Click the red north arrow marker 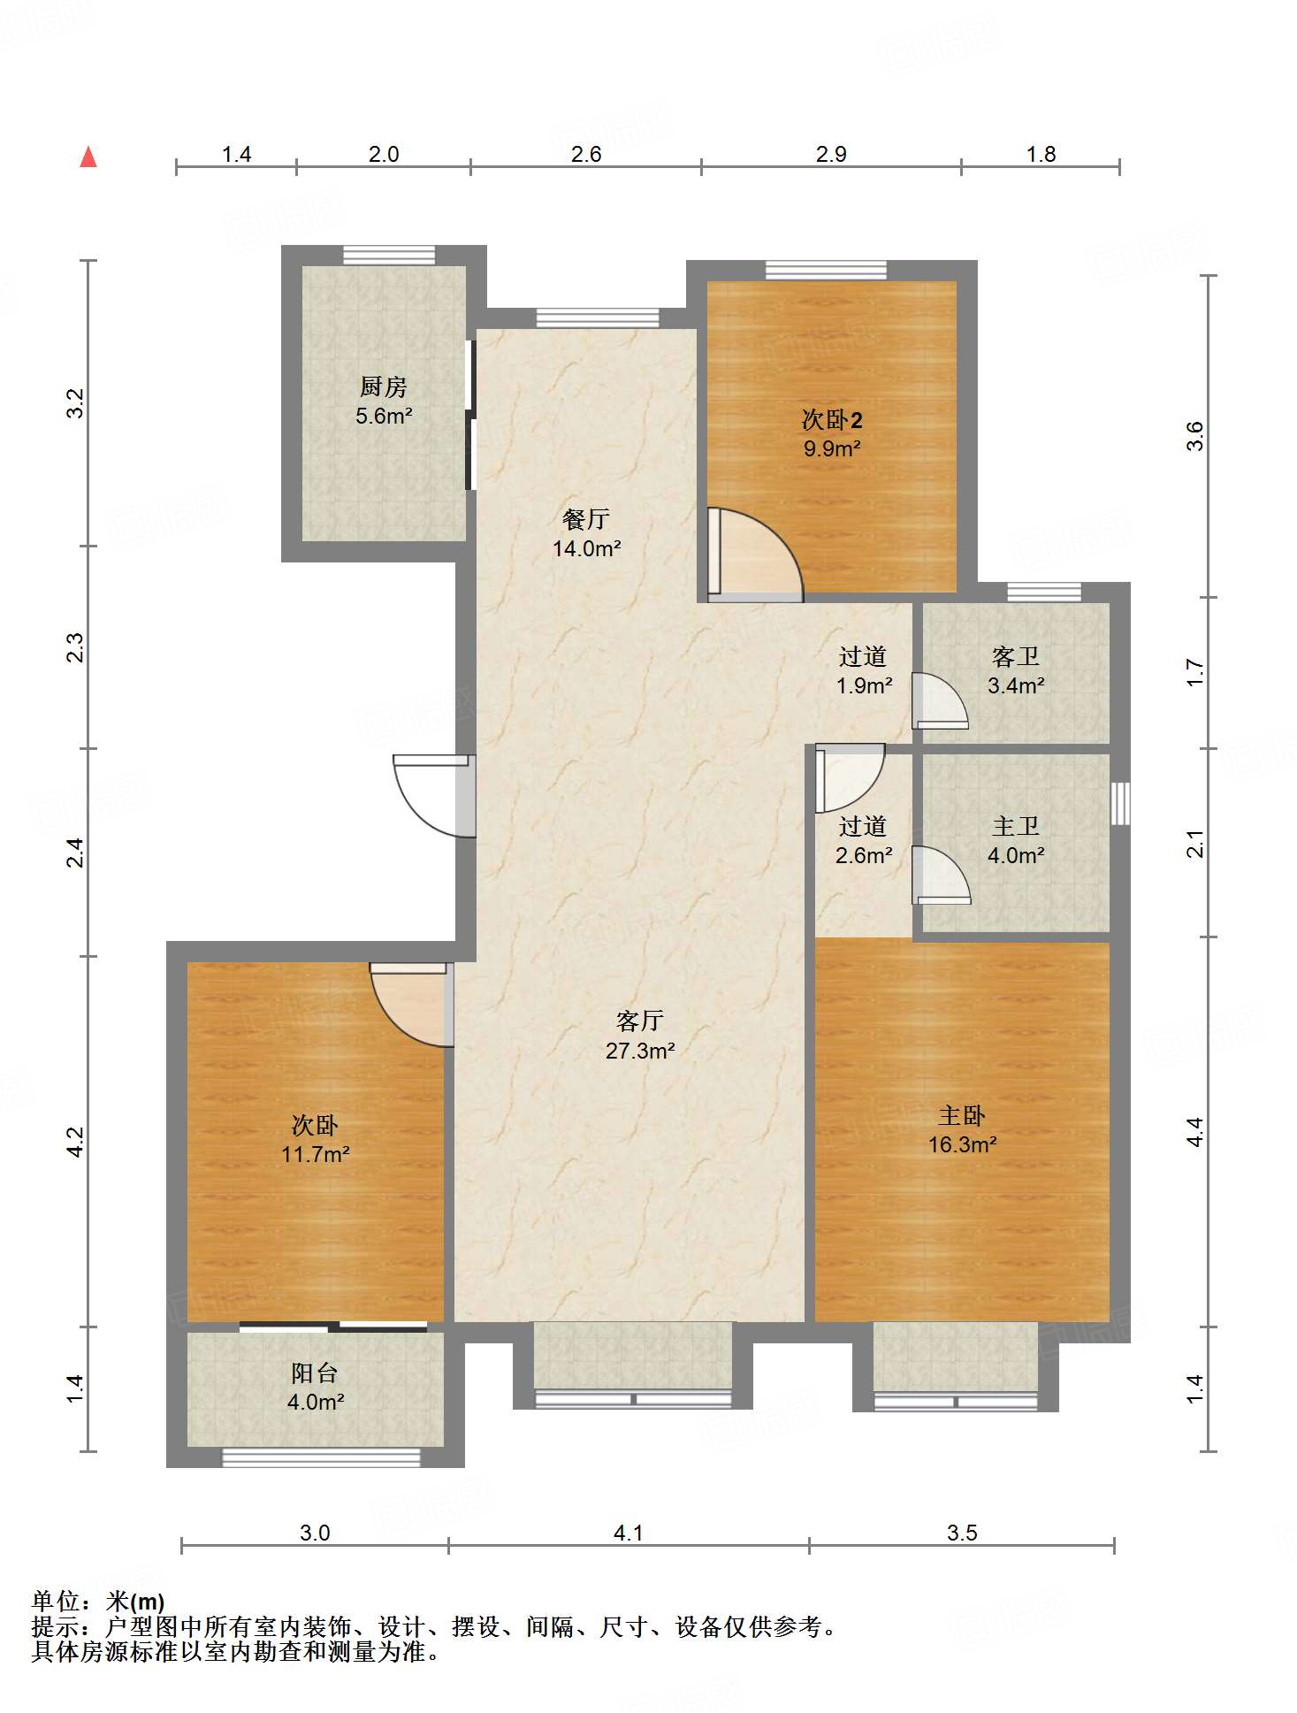(x=88, y=157)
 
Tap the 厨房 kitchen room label (x=383, y=386)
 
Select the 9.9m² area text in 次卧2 (x=832, y=448)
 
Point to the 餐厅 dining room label (x=585, y=519)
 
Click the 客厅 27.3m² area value (x=640, y=1051)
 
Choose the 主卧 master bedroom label (x=962, y=1115)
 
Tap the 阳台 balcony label (x=315, y=1373)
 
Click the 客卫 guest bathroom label (x=1015, y=656)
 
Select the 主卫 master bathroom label (x=1015, y=826)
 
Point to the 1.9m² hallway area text (x=864, y=685)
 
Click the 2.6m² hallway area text (x=864, y=855)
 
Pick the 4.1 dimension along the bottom (x=628, y=1533)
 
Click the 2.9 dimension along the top (x=831, y=154)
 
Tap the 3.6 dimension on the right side (x=1194, y=436)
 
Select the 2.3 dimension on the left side (x=76, y=647)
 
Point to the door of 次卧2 (x=755, y=554)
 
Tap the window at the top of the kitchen (x=389, y=255)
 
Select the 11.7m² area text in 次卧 (x=316, y=1154)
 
